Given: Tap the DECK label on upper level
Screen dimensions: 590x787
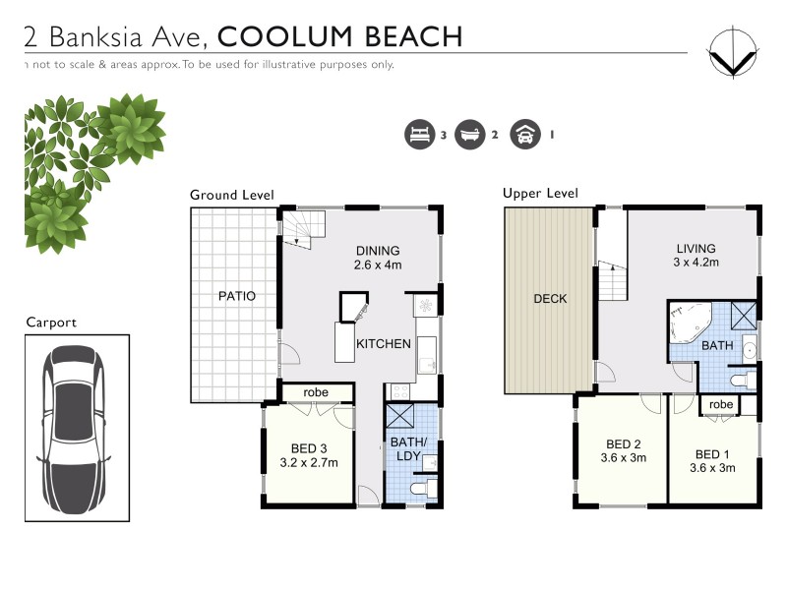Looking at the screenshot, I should point(549,299).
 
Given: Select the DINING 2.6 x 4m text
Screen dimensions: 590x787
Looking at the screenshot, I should point(379,258).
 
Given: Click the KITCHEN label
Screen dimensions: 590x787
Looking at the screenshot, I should point(383,344).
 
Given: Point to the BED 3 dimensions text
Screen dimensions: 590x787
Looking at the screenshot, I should point(310,462).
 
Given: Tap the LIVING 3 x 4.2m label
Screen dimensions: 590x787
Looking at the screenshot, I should point(696,256).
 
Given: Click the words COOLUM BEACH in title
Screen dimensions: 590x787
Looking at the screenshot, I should point(339,37).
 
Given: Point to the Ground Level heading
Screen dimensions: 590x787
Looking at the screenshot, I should point(231,195).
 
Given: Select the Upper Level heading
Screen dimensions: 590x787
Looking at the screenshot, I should point(540,193).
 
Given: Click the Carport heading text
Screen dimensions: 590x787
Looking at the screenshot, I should point(51,322).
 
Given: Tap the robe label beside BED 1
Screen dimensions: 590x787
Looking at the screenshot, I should point(721,404).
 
